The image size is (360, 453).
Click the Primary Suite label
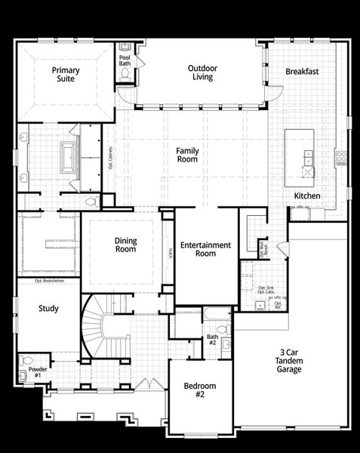pos(66,74)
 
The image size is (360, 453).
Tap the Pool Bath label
pos(125,60)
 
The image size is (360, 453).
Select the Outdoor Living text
pos(202,72)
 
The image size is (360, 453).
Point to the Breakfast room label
pos(302,72)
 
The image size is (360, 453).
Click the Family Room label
pos(187,155)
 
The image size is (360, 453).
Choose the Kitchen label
pos(307,196)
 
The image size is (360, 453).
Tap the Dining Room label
pos(125,245)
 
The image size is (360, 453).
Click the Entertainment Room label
pos(205,249)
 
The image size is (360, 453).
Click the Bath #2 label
pos(212,340)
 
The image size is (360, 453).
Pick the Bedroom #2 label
pos(200,390)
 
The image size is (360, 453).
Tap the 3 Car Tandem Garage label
pos(289,361)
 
